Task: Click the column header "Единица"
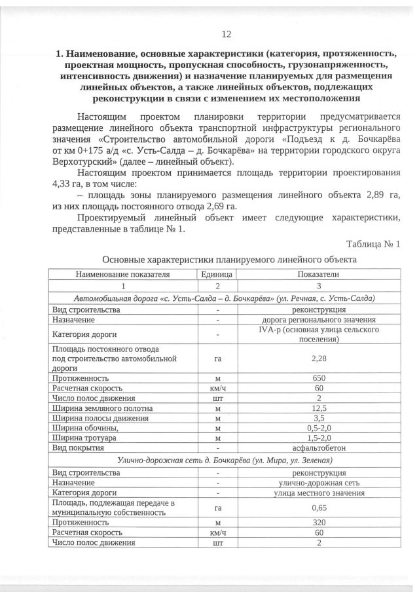click(x=217, y=275)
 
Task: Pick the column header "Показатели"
click(x=319, y=275)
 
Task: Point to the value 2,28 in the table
click(x=319, y=358)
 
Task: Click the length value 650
click(x=319, y=377)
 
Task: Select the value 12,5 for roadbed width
click(x=319, y=409)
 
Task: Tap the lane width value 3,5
click(x=319, y=419)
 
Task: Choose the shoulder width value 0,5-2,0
click(x=319, y=428)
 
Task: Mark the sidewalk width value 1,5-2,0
click(x=319, y=438)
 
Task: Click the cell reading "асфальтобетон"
click(x=319, y=448)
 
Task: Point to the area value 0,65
click(x=319, y=507)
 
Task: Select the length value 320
click(x=319, y=523)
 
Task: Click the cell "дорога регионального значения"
click(x=319, y=320)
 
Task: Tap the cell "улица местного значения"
click(x=319, y=493)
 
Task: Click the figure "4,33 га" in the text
click(x=67, y=184)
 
